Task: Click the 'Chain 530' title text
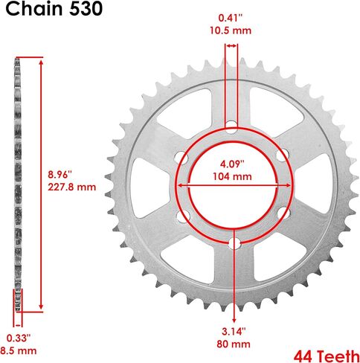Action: click(54, 9)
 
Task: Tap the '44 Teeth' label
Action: click(327, 356)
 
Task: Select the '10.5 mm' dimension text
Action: click(231, 30)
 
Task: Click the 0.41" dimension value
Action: click(231, 18)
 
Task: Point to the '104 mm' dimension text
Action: click(232, 176)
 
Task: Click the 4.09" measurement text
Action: click(232, 164)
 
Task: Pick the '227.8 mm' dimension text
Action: click(72, 187)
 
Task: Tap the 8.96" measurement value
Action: click(60, 175)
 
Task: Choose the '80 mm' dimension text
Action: click(234, 344)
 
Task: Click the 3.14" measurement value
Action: click(234, 331)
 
